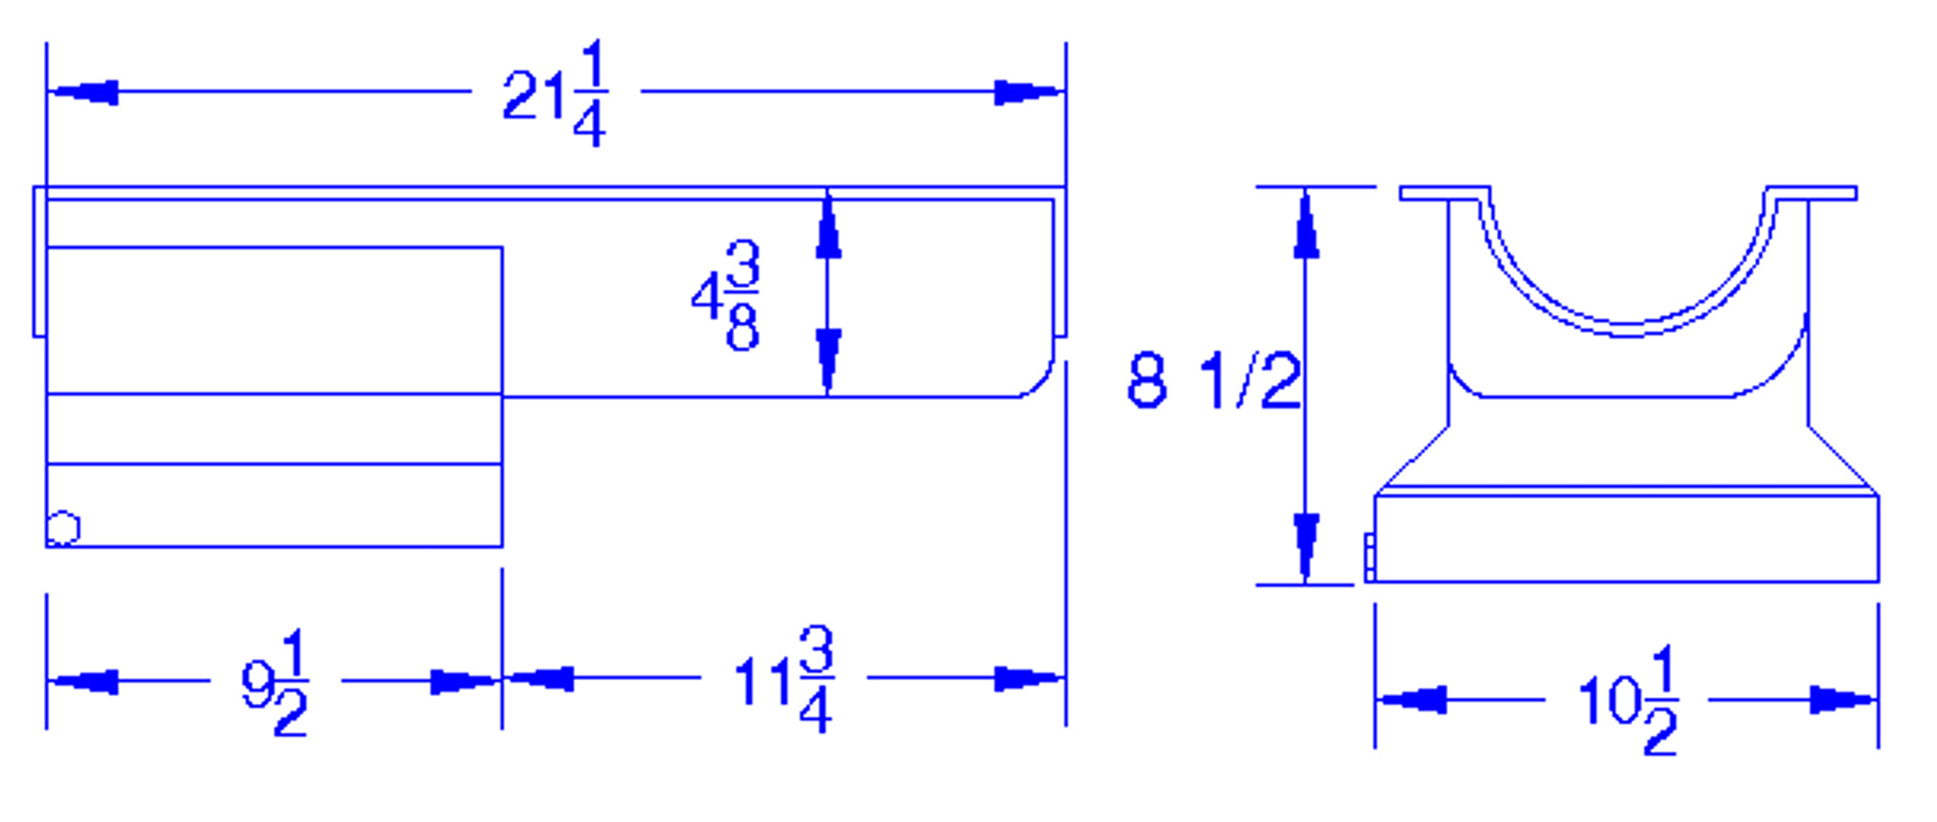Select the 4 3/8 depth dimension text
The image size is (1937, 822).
coord(726,296)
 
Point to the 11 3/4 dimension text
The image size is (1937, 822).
coord(783,679)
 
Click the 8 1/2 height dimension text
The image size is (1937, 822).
coord(1213,380)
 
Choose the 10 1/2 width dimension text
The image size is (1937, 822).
coord(1628,701)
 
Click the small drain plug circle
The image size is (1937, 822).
coord(63,528)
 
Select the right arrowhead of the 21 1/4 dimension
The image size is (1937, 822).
coord(1027,93)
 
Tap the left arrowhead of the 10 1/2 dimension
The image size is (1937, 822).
coord(1414,700)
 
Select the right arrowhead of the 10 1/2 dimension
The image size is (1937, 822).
coord(1841,700)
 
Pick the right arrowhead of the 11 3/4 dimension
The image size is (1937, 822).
coord(1027,678)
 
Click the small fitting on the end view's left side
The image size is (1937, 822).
coord(1369,557)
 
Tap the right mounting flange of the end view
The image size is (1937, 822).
coord(1811,193)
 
